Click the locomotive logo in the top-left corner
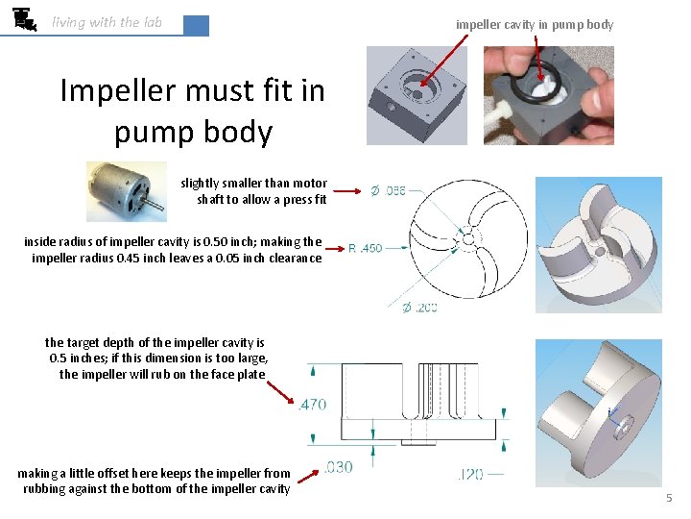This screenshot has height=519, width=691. (x=25, y=18)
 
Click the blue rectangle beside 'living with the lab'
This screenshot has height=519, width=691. (x=196, y=26)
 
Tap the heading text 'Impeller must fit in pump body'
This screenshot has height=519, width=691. (x=192, y=111)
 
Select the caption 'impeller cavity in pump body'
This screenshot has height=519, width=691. (x=535, y=24)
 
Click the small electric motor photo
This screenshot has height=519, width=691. (x=126, y=191)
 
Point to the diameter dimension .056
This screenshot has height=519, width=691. (x=388, y=190)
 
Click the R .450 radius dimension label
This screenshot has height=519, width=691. (x=365, y=248)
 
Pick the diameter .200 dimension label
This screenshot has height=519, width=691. (x=418, y=308)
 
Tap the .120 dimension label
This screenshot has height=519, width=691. (x=471, y=474)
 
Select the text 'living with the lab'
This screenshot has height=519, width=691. (x=107, y=22)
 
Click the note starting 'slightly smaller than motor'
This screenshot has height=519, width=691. (x=253, y=191)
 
